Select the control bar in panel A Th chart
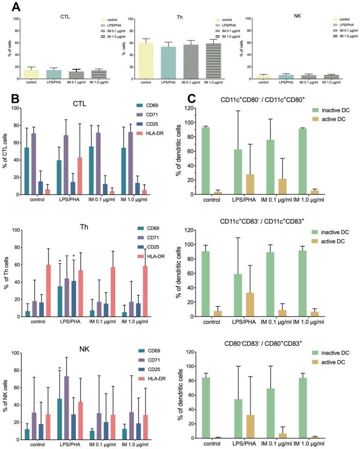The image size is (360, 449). [x=146, y=61]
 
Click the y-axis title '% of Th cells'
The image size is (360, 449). [x=10, y=273]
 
